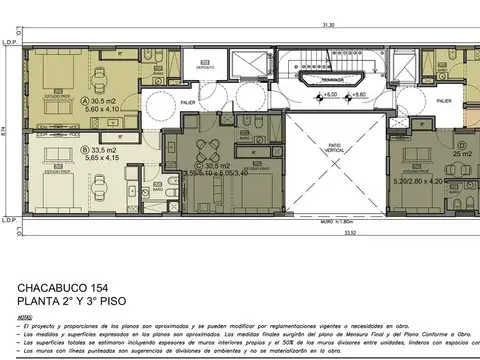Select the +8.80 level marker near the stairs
357,94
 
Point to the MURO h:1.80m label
341,221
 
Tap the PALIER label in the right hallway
445,101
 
